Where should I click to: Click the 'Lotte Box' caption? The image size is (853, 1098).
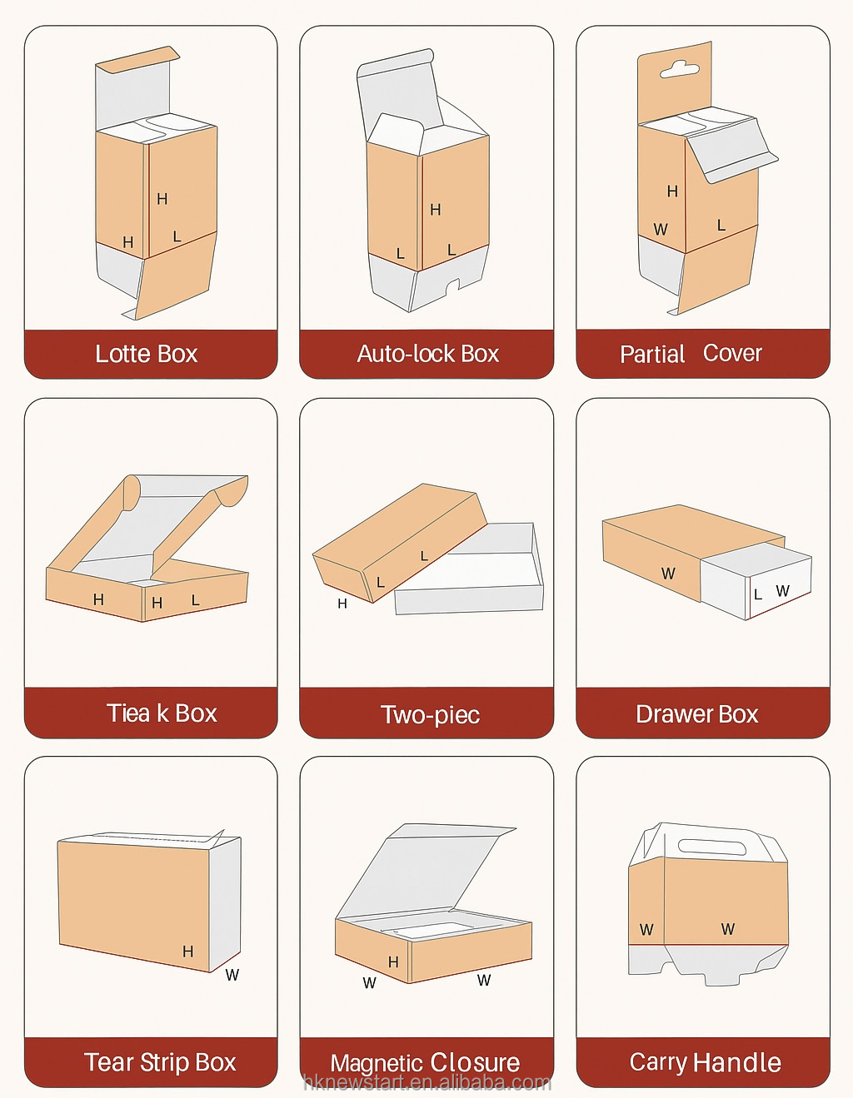pyautogui.click(x=146, y=354)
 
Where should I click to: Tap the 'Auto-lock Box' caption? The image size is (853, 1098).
pyautogui.click(x=428, y=354)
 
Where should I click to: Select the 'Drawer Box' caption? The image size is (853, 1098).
pyautogui.click(x=696, y=714)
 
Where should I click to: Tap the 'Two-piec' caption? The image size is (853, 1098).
pyautogui.click(x=431, y=715)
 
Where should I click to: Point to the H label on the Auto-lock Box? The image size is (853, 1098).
pyautogui.click(x=436, y=209)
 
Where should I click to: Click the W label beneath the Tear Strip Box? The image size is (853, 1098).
pyautogui.click(x=232, y=975)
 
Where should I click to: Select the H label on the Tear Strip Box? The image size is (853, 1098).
pyautogui.click(x=188, y=951)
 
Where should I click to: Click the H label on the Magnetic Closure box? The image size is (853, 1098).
pyautogui.click(x=393, y=961)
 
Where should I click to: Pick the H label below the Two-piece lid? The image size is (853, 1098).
pyautogui.click(x=342, y=604)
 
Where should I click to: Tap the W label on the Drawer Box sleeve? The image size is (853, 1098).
pyautogui.click(x=668, y=574)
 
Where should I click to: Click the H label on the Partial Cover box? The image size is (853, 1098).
pyautogui.click(x=672, y=191)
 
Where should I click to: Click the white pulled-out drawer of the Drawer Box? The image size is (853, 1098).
pyautogui.click(x=756, y=579)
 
